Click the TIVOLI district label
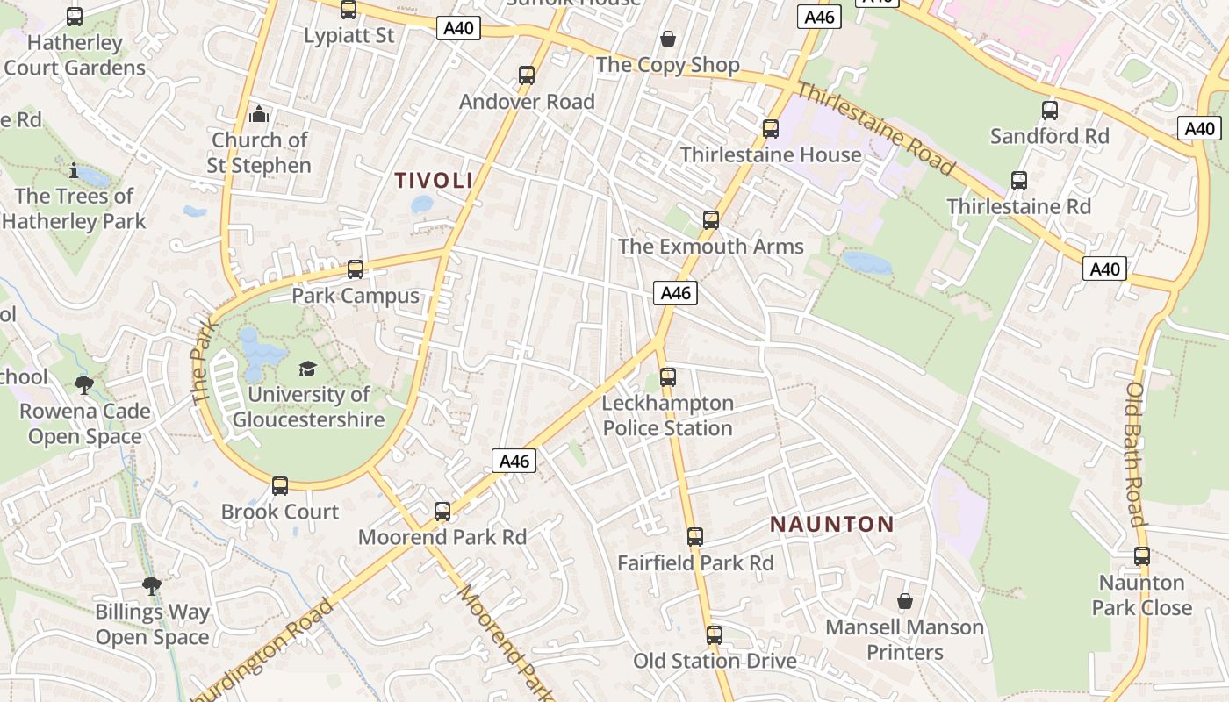click(434, 181)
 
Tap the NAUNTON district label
click(832, 525)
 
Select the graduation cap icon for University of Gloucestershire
click(307, 369)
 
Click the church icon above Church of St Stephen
click(259, 114)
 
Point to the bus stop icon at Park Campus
click(356, 269)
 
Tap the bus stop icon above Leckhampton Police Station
click(668, 377)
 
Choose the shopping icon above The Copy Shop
click(668, 39)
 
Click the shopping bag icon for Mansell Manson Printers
click(905, 601)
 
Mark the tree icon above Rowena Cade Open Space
click(85, 384)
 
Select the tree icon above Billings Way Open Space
click(152, 585)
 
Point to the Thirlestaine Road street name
click(875, 128)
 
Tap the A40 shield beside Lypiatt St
click(458, 28)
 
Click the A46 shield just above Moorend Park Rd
click(514, 461)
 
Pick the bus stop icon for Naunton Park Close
click(1142, 555)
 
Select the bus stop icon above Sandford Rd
click(1050, 111)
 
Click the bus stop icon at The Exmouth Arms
click(711, 219)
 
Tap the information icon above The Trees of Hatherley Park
click(74, 169)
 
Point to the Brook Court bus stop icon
click(280, 485)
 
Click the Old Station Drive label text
click(715, 661)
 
